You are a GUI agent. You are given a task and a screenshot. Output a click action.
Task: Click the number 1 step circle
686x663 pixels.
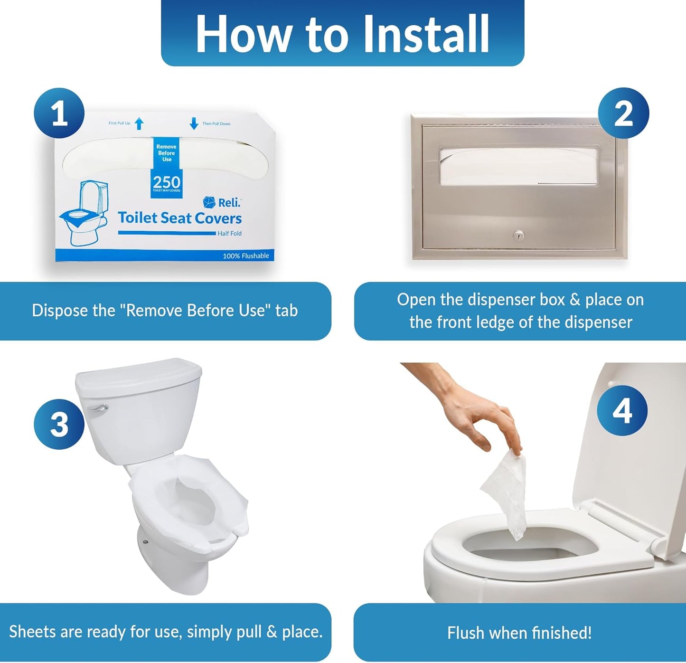(x=59, y=113)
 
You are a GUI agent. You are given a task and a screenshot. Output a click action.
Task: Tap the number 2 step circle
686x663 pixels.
(x=623, y=113)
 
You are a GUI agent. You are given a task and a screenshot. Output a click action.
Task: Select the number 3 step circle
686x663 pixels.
(x=59, y=424)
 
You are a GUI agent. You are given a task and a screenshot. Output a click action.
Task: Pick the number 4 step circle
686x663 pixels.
(x=622, y=410)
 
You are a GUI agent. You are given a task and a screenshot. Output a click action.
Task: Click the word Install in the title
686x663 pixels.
(x=425, y=34)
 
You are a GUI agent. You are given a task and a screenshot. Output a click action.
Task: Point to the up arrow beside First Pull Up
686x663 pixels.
(x=139, y=123)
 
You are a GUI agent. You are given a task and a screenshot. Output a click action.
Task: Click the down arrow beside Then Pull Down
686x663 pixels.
(x=194, y=123)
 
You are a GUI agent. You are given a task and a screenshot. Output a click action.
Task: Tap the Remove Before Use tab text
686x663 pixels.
(x=167, y=153)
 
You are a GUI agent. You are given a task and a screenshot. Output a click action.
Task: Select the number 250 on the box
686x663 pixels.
(x=167, y=182)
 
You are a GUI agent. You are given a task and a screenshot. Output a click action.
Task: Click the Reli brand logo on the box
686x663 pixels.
(x=222, y=203)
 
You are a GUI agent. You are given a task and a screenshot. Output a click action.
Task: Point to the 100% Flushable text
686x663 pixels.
(x=246, y=256)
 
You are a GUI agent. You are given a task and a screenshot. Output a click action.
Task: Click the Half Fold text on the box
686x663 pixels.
(x=230, y=234)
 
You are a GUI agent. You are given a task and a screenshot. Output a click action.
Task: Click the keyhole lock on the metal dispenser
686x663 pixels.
(x=518, y=235)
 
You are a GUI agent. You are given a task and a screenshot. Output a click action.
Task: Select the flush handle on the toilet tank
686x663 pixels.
(x=97, y=408)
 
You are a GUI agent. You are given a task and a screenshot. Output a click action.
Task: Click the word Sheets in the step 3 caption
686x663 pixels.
(x=32, y=632)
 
